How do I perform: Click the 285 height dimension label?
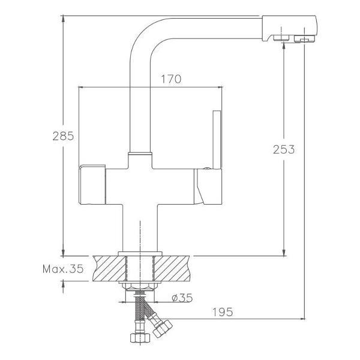63,136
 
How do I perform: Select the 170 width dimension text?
171,79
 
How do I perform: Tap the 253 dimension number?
284,149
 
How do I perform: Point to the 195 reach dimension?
223,312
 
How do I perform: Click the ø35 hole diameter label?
182,298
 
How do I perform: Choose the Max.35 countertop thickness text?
63,269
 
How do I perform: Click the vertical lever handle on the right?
217,140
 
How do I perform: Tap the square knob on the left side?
92,184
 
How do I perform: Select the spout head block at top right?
289,29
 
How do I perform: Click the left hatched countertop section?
109,268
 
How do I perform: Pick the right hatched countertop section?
172,268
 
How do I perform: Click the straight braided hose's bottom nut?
140,338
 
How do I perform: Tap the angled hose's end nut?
163,329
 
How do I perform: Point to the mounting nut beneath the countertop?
140,286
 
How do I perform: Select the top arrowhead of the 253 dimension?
284,46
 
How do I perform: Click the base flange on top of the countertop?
140,253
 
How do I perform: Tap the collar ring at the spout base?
140,154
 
